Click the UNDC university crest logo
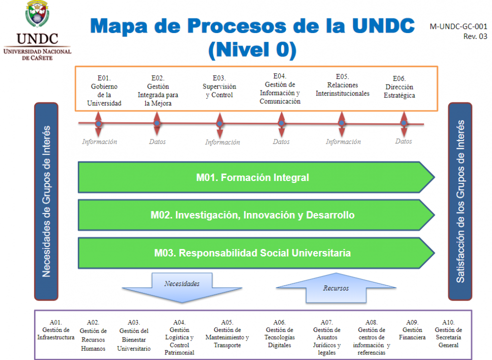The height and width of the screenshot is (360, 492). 37,13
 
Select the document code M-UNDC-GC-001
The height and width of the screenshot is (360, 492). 459,26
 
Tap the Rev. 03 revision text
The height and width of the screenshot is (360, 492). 476,36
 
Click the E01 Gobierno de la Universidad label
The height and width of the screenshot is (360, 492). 104,90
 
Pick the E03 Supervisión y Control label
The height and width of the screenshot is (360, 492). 219,86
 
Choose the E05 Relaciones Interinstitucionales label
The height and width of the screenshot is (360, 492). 342,85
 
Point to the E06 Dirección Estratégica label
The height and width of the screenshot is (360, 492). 399,87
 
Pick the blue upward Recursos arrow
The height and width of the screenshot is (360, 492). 336,288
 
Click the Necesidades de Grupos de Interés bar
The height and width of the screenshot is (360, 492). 46,201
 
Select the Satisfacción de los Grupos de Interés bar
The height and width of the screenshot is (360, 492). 460,201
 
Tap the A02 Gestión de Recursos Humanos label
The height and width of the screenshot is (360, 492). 93,335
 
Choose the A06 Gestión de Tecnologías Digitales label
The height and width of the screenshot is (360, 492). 279,333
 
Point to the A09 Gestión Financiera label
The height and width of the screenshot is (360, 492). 412,330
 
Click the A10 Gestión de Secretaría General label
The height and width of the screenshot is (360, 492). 449,333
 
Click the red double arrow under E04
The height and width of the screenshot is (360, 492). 281,123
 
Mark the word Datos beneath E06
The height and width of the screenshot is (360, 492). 404,141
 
